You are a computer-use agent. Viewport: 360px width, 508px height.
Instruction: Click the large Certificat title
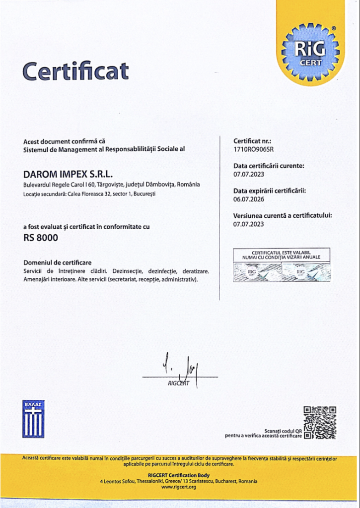(x=75, y=71)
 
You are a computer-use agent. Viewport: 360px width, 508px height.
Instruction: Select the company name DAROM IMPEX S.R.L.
(x=68, y=174)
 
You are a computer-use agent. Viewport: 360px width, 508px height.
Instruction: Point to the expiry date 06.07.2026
(x=249, y=199)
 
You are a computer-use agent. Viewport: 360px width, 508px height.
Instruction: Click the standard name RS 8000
(x=41, y=238)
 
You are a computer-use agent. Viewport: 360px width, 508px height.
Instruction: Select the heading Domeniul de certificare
(x=57, y=262)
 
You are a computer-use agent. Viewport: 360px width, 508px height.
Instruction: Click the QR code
(x=320, y=422)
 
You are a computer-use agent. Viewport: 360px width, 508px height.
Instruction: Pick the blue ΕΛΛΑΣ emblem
(x=33, y=419)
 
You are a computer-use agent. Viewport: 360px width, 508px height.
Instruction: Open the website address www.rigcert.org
(x=179, y=487)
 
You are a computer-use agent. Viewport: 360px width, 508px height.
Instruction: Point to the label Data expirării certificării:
(x=270, y=191)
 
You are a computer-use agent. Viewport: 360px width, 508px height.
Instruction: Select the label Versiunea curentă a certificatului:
(x=283, y=216)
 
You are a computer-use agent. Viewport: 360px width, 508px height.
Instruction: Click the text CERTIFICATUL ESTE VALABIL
(x=282, y=253)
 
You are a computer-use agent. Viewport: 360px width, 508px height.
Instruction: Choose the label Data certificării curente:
(x=269, y=166)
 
